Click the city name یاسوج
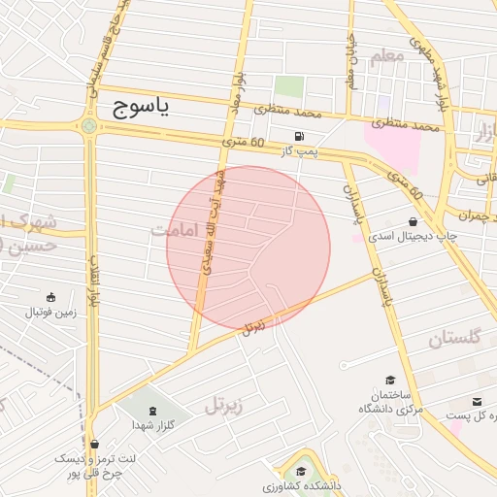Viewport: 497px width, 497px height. pos(141,108)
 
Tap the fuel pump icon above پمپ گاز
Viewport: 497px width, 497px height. pos(298,135)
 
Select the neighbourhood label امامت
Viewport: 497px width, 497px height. pos(175,230)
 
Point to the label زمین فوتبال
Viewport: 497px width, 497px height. pos(50,313)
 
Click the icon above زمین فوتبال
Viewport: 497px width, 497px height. pos(50,297)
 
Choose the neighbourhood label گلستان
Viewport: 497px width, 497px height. pos(455,339)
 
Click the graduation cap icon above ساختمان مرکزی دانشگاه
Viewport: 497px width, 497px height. pos(390,381)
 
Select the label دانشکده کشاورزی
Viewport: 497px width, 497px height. pos(297,486)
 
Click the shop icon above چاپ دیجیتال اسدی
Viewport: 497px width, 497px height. pos(414,221)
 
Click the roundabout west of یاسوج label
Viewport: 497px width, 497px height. pos(89,126)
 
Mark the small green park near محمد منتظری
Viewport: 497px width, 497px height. pos(288,86)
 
